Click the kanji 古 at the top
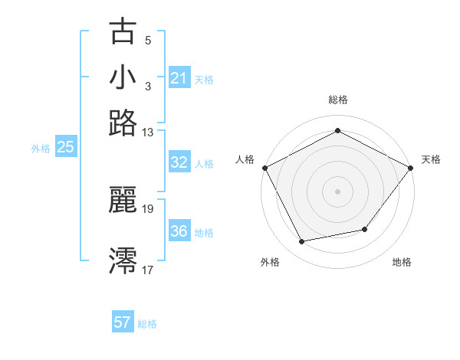pos(123,32)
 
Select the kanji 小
pos(123,77)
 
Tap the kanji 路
pos(123,123)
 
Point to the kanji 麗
pos(123,201)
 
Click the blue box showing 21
pos(179,78)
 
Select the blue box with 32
pos(179,162)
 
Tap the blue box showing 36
pos(179,231)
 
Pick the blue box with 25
pos(65,148)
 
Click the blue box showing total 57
pos(123,322)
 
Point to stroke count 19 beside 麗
pos(148,208)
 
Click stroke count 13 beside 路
pos(148,132)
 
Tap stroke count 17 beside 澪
pos(148,269)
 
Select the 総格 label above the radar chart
pos(337,100)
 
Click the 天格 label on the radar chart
pos(431,159)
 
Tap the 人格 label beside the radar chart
pos(245,159)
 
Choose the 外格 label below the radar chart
pos(270,262)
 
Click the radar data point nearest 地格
pos(365,229)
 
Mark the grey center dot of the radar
pos(337,191)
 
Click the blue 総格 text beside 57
pos(147,324)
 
